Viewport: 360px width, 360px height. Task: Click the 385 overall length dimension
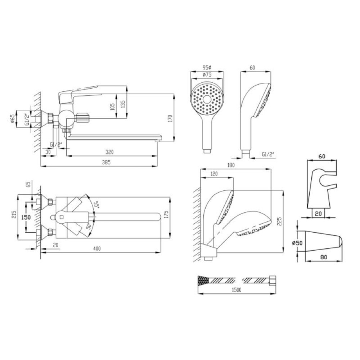click(106, 162)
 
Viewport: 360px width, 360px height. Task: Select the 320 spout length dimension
click(109, 152)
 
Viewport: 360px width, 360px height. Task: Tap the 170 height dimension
click(170, 118)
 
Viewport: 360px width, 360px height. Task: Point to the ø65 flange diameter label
click(13, 118)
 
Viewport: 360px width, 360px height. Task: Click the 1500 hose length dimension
click(237, 290)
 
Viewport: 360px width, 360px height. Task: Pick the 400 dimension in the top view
click(97, 248)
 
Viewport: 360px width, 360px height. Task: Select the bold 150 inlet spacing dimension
click(26, 217)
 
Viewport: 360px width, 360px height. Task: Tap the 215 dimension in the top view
click(14, 215)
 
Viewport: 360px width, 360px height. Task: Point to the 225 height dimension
click(279, 221)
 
